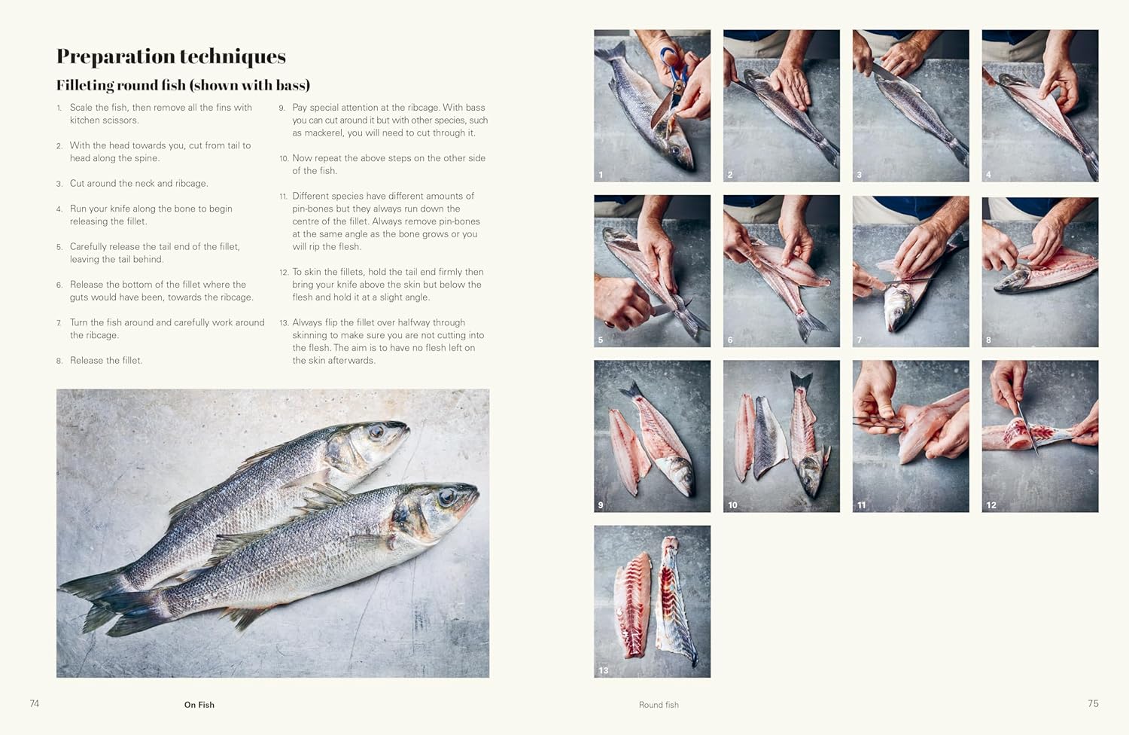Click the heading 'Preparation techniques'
(x=171, y=56)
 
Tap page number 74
(x=35, y=703)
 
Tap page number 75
(x=1093, y=703)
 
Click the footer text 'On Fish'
(x=199, y=705)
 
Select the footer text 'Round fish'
(x=659, y=705)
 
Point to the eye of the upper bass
(x=376, y=432)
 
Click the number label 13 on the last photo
(x=603, y=670)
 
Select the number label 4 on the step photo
(x=988, y=175)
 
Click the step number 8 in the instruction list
(x=59, y=361)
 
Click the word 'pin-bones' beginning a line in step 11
(x=312, y=209)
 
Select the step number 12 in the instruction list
(x=284, y=273)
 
